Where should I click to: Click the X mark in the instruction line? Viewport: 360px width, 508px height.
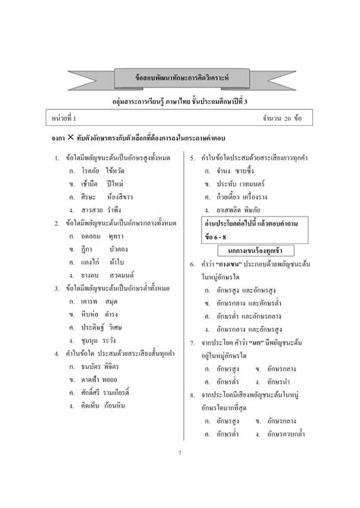[71, 139]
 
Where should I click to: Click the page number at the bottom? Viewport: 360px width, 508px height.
[180, 453]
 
